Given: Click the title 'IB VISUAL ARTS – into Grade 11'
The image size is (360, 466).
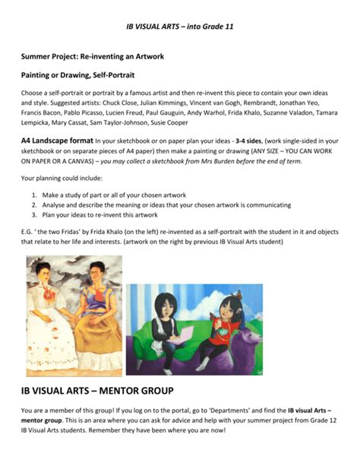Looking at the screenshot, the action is coord(179,27).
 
